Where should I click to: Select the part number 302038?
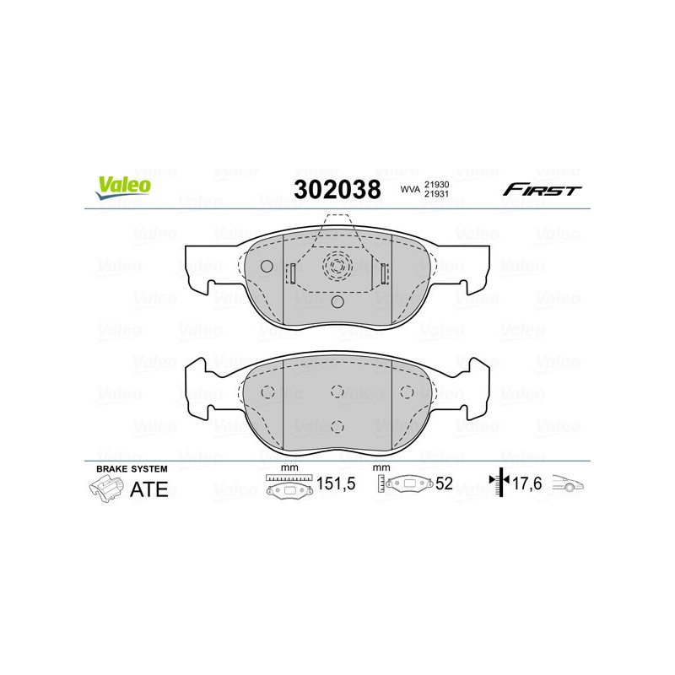point(337,189)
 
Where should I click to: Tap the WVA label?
point(410,190)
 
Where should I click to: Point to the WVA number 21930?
point(436,184)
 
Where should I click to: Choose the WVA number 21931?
point(436,195)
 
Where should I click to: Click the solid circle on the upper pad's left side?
point(267,267)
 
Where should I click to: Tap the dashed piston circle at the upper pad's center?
point(337,267)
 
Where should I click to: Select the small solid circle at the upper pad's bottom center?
point(337,301)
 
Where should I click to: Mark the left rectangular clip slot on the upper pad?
point(291,273)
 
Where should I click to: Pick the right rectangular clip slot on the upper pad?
point(383,273)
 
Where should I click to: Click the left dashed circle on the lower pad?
point(267,391)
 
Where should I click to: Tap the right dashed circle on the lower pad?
point(407,391)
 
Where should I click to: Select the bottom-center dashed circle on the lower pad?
point(337,425)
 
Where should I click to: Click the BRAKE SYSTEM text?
point(132,468)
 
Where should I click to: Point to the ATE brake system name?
point(149,489)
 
